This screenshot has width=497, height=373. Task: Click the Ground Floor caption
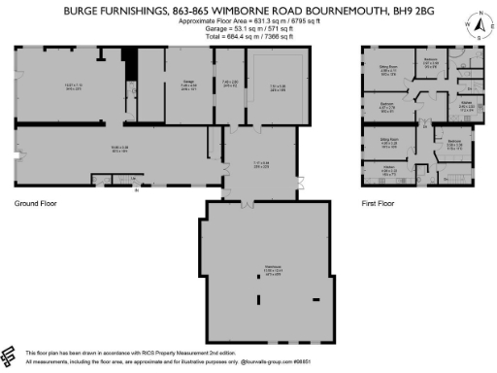pyautogui.click(x=34, y=204)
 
